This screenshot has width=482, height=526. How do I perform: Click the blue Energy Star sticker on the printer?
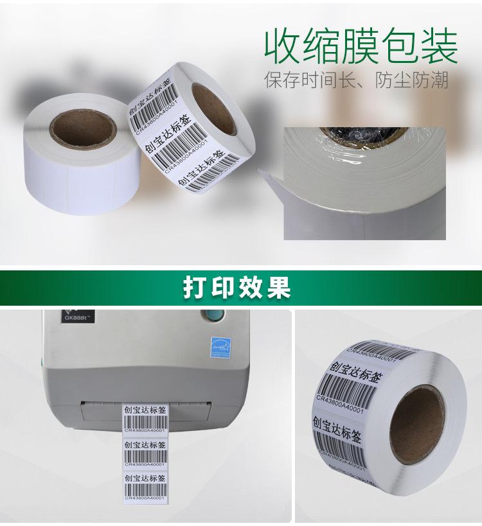(x=220, y=345)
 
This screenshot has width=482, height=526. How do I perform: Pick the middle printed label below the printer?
(x=145, y=452)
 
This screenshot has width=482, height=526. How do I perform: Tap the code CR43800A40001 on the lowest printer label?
(x=145, y=498)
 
